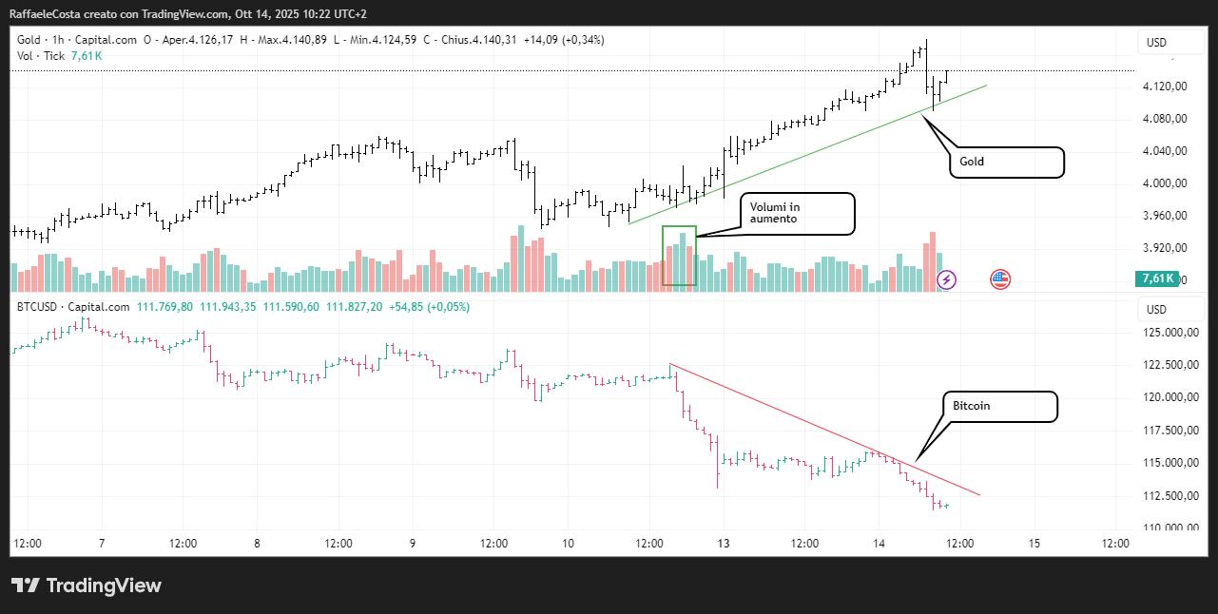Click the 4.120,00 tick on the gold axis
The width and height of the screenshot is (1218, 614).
1167,86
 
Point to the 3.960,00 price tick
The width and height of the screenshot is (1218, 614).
1167,216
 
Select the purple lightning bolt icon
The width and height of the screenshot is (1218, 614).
947,279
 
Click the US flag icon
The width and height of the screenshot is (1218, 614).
1000,279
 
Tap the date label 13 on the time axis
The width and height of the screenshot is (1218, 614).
724,544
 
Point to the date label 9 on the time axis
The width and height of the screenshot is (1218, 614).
413,544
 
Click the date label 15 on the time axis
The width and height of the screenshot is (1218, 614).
1034,544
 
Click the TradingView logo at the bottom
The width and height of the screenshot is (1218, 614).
87,585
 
